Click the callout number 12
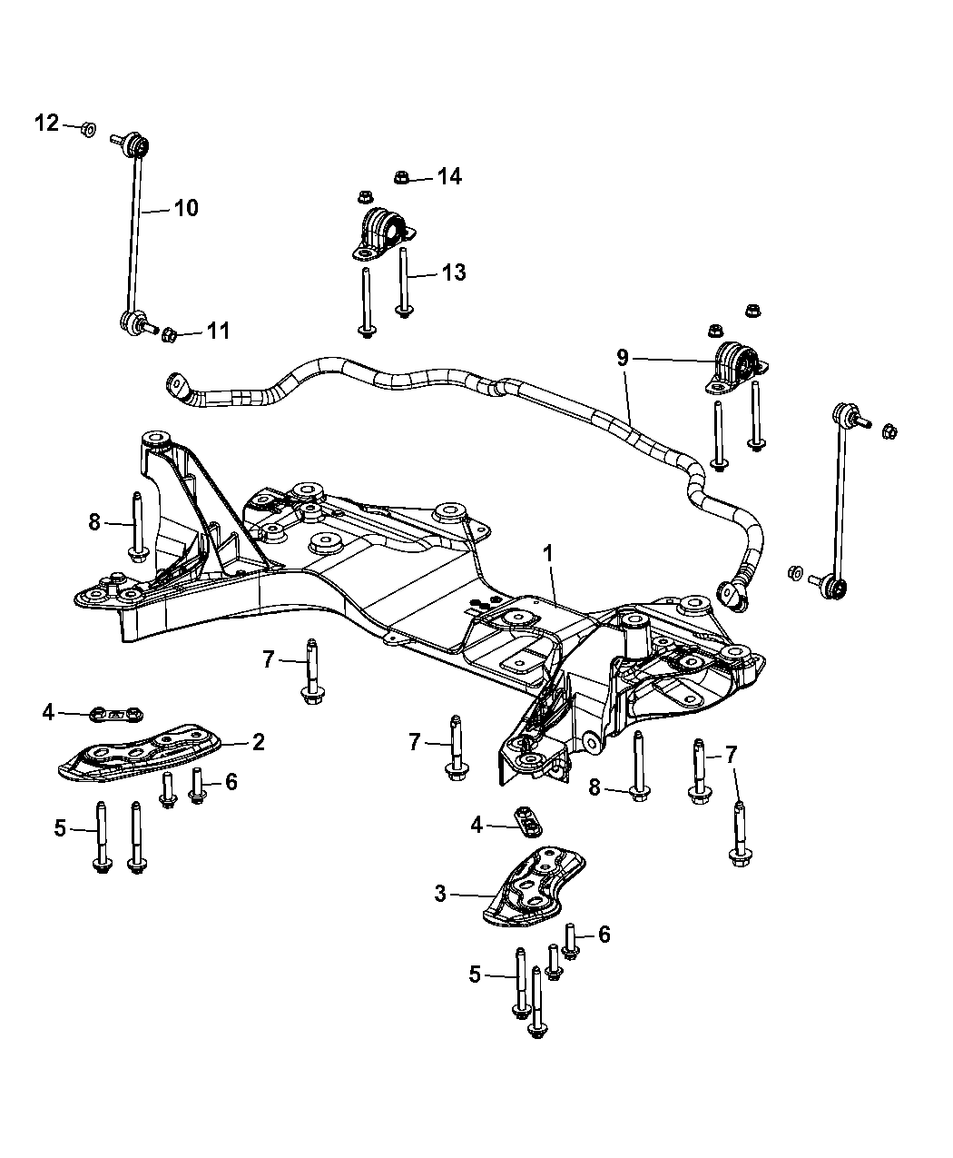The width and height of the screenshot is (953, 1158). point(46,123)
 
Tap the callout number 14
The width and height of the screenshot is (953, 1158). point(448,176)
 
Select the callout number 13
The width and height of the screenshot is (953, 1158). point(453,271)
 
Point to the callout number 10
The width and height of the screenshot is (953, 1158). point(185,208)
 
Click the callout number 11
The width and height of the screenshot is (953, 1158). point(217,331)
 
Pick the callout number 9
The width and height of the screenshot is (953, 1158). point(623,358)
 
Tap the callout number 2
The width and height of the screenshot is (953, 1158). point(258,742)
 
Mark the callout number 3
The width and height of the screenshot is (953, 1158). point(440,895)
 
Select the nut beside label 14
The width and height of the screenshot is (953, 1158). point(403,177)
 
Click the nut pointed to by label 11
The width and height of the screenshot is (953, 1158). point(169,337)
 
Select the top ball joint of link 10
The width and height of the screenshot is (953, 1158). point(137,144)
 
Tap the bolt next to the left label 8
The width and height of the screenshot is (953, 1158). point(137,527)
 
